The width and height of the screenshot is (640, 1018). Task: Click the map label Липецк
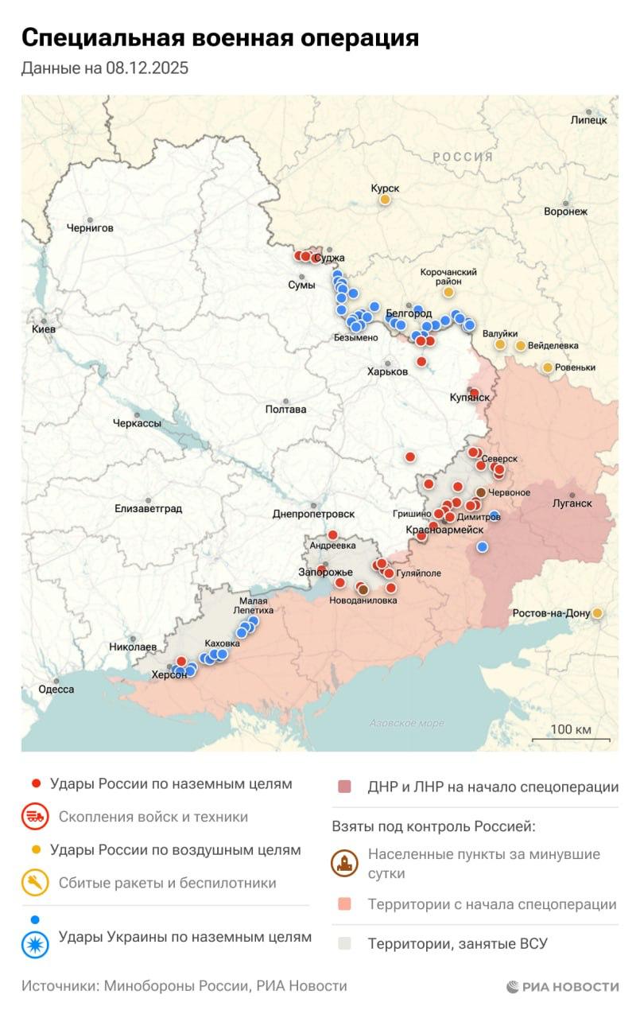point(588,120)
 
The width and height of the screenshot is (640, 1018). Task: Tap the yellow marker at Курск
point(385,200)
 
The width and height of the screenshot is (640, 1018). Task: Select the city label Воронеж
point(565,212)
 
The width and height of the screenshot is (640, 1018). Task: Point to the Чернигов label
point(90,228)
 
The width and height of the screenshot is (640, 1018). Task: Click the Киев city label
point(43,329)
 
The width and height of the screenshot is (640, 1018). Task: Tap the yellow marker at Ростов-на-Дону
point(597,613)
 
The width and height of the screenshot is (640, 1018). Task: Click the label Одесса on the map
point(56,690)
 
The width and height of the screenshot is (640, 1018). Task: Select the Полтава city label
point(285,410)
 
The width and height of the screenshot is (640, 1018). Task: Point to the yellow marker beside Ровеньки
point(548,367)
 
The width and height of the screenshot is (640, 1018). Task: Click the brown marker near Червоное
point(480,492)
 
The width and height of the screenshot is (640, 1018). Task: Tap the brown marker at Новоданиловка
point(363,589)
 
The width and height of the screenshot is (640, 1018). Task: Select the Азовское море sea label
point(406,724)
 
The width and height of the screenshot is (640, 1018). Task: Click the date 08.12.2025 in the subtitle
point(146,68)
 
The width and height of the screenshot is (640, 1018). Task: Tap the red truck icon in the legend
point(35,817)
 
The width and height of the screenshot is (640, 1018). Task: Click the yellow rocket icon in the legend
point(35,883)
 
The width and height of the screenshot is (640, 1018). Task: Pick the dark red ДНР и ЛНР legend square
point(344,787)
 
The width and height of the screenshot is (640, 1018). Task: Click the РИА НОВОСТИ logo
point(562,986)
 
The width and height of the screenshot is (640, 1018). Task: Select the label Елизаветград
point(148,508)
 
